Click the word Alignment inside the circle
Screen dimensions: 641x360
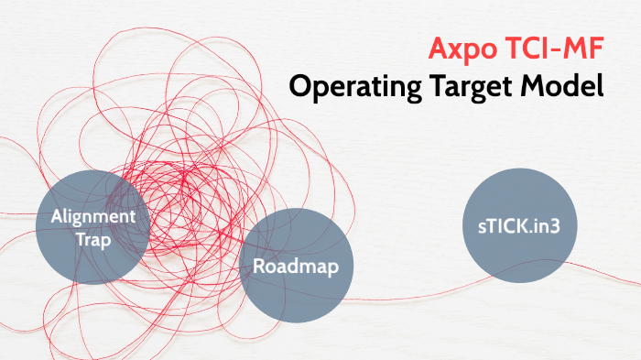[x=93, y=216]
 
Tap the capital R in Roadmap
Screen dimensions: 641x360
[x=260, y=267]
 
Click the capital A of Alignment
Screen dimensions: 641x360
[x=57, y=216]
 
